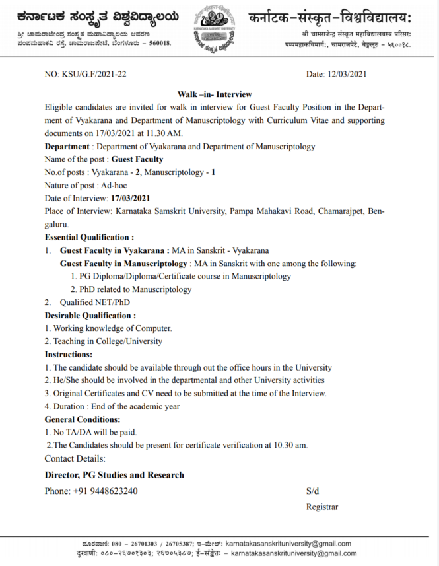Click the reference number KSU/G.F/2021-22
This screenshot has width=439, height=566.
click(93, 74)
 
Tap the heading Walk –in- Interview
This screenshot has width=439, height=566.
click(215, 94)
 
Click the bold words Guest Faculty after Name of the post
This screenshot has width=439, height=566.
click(137, 159)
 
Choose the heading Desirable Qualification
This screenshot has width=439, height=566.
click(90, 315)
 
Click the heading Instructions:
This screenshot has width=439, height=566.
click(68, 355)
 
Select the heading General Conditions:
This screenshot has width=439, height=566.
click(83, 419)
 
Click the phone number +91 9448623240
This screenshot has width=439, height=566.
click(105, 491)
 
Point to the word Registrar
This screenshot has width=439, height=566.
click(322, 507)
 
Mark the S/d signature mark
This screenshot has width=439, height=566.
click(312, 491)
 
